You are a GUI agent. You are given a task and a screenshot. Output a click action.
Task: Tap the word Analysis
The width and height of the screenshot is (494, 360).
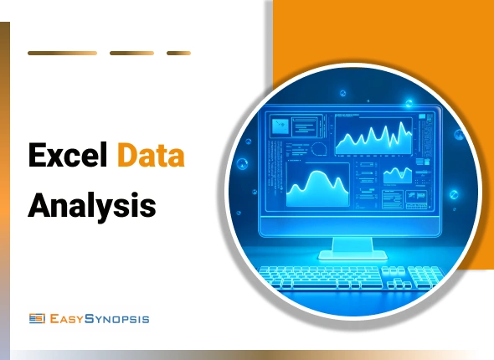pos(92,203)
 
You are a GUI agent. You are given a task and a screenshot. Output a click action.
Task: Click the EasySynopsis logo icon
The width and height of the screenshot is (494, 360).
pos(36,318)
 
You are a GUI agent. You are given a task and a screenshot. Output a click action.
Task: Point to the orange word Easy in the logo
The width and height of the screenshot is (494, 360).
pos(67,318)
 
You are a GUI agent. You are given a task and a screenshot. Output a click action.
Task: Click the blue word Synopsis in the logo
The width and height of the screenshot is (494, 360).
pos(116,318)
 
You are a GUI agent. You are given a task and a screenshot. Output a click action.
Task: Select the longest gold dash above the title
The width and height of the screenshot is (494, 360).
pos(62,53)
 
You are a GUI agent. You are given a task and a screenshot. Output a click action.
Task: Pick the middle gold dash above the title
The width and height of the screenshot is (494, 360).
pos(131,53)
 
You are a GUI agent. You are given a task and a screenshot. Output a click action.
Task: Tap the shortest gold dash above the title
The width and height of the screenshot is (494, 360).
pos(178,53)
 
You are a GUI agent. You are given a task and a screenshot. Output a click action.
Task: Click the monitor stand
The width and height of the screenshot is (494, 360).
pos(351,245)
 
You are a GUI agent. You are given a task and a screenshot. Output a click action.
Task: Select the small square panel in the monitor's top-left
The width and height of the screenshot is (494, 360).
pos(279,126)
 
